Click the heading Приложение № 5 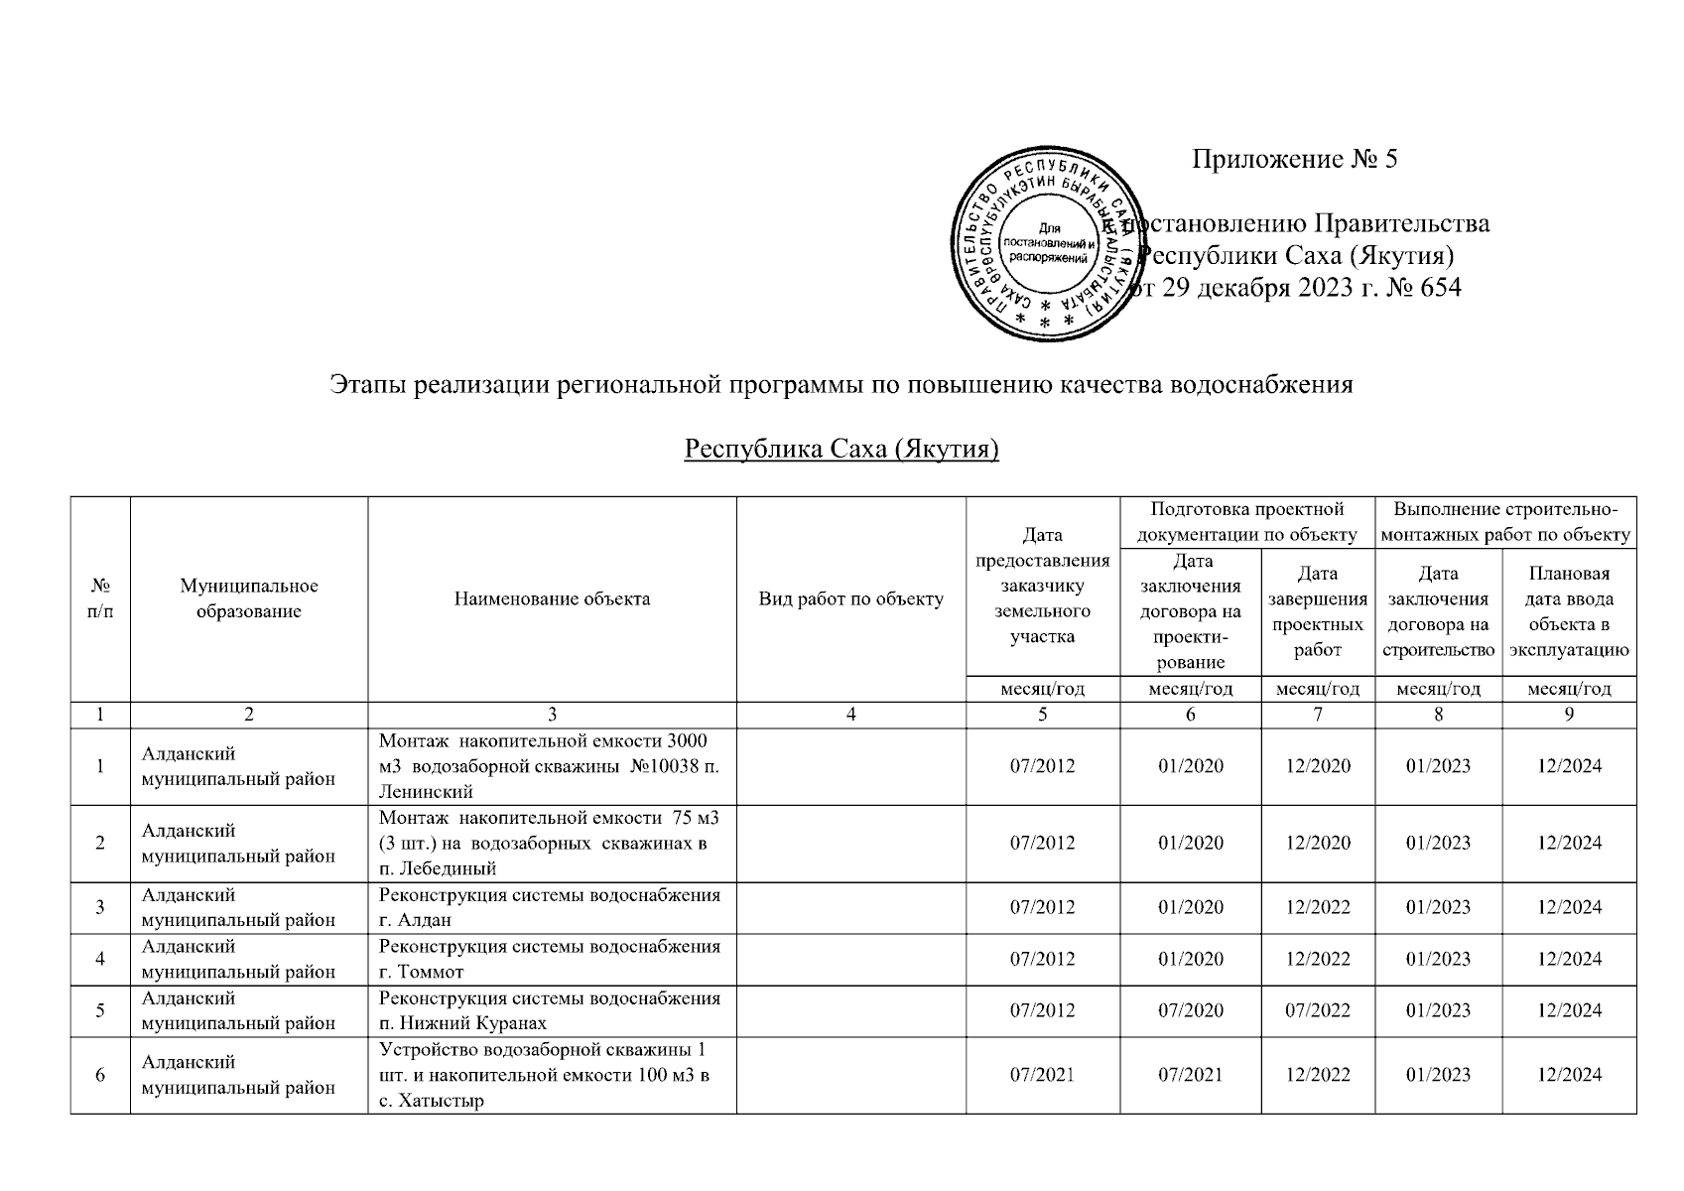[1294, 160]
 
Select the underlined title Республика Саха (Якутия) [842, 450]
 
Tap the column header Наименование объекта [552, 598]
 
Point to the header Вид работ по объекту [850, 598]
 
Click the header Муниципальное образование [248, 598]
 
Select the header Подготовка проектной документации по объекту [1246, 522]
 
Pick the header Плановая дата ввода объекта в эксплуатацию [1569, 611]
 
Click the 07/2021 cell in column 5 [1042, 1075]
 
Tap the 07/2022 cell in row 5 [1317, 1010]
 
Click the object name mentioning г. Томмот [550, 959]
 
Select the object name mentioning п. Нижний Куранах [550, 1010]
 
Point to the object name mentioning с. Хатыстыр [550, 1075]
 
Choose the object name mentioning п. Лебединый [550, 843]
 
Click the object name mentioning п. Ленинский [550, 765]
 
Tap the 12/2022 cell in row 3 [1317, 907]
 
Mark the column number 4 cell [850, 715]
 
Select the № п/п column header [100, 598]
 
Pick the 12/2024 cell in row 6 [1569, 1075]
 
